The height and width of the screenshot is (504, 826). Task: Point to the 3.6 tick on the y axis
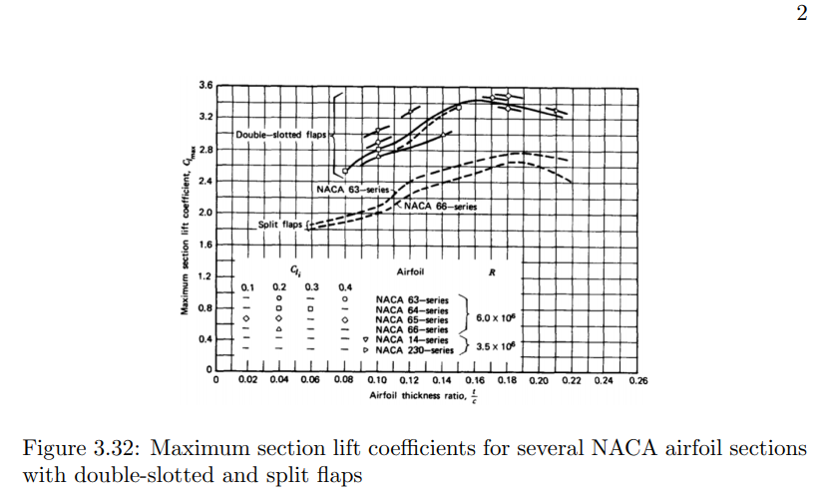pos(206,86)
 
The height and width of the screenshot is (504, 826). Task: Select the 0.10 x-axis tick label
pos(377,381)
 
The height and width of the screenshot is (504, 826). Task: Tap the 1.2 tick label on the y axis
pos(206,275)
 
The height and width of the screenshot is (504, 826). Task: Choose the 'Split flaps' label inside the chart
pos(280,225)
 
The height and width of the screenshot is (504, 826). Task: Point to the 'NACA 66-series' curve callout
pos(440,206)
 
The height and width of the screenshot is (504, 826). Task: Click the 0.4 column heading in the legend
pos(344,286)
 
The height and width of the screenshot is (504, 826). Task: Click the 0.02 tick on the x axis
pos(247,381)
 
